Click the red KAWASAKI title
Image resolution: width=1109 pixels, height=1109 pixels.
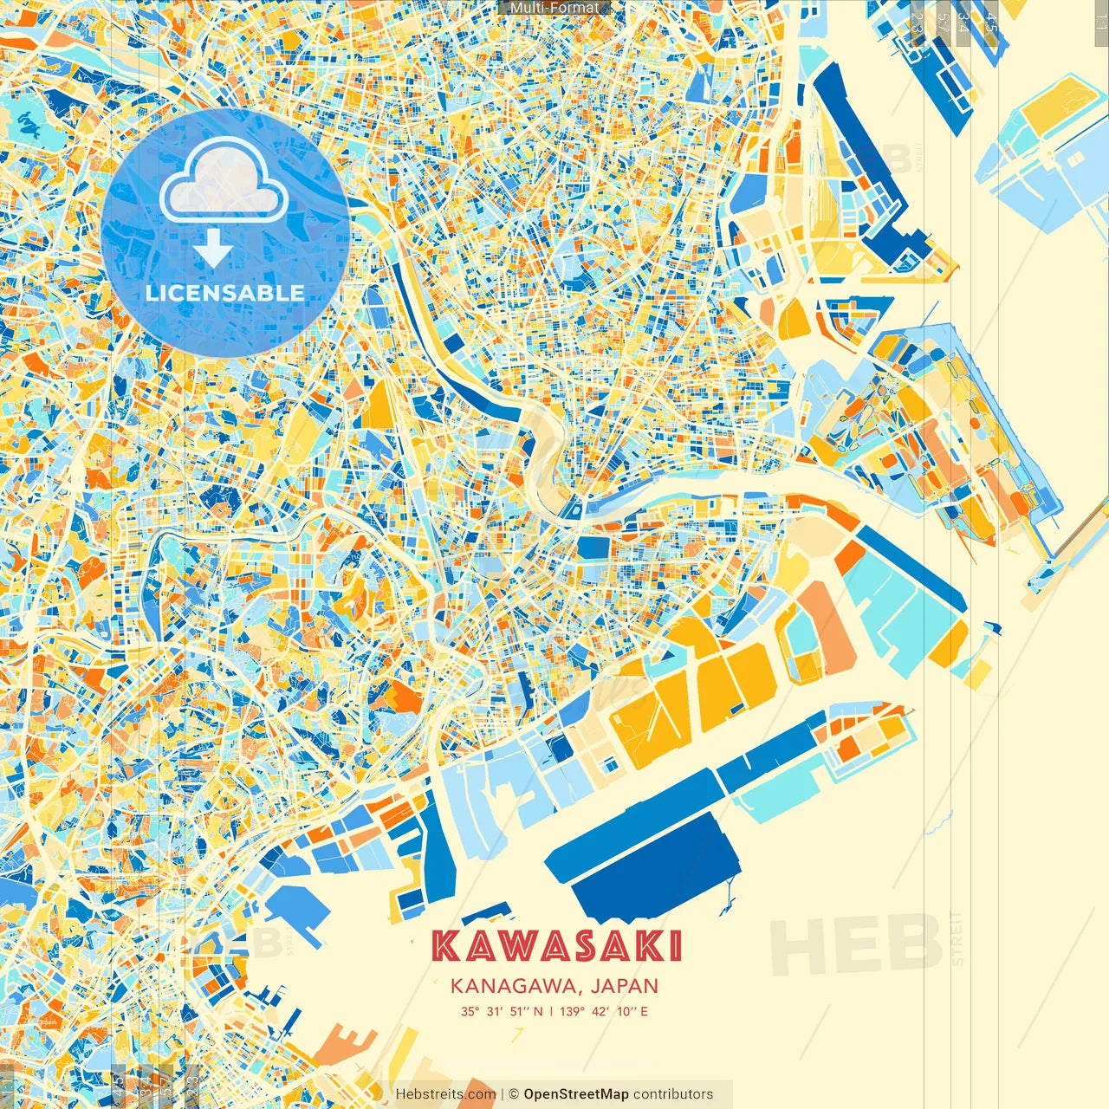pyautogui.click(x=556, y=946)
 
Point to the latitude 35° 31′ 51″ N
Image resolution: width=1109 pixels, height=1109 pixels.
pyautogui.click(x=502, y=1011)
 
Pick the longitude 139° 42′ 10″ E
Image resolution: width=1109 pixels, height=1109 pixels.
pyautogui.click(x=604, y=1011)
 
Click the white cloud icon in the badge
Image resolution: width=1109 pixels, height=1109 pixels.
pyautogui.click(x=224, y=182)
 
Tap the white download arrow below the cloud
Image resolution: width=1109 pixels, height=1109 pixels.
pyautogui.click(x=212, y=248)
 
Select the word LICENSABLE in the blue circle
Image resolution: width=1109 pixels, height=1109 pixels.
pyautogui.click(x=225, y=293)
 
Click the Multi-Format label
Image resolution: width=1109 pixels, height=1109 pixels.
pyautogui.click(x=554, y=8)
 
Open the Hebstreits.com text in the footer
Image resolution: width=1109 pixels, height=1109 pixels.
pyautogui.click(x=445, y=1094)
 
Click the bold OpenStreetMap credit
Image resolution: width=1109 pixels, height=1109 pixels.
pyautogui.click(x=576, y=1094)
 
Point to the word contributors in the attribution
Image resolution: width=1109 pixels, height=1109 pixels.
pyautogui.click(x=673, y=1094)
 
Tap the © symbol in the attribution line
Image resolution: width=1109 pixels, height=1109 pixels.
pyautogui.click(x=513, y=1094)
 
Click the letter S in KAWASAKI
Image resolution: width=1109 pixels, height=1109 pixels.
pyautogui.click(x=593, y=946)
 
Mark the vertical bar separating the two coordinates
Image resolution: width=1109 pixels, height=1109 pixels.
pyautogui.click(x=551, y=1011)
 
